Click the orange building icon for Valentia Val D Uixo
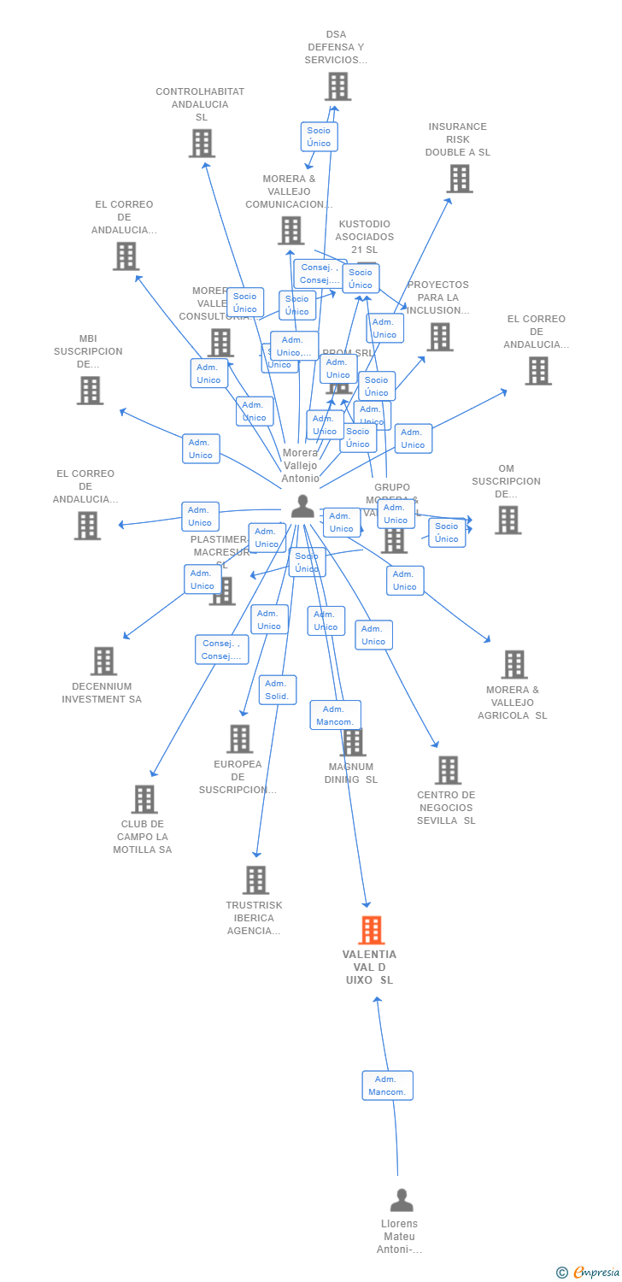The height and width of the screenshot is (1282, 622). pyautogui.click(x=372, y=930)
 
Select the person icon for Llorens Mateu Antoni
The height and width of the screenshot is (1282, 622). pyautogui.click(x=402, y=1200)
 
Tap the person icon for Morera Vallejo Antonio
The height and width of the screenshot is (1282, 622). pyautogui.click(x=302, y=506)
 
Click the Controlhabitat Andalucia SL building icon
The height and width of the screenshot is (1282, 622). pyautogui.click(x=202, y=144)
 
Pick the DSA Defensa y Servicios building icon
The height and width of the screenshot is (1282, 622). pyautogui.click(x=337, y=86)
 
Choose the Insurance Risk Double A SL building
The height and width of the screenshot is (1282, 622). pyautogui.click(x=460, y=179)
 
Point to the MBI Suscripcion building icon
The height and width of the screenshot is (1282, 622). pyautogui.click(x=90, y=391)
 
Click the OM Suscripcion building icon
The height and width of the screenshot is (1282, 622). pyautogui.click(x=508, y=520)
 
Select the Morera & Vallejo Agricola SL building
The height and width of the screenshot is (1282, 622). pyautogui.click(x=513, y=664)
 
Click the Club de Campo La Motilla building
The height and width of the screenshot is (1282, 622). pyautogui.click(x=144, y=799)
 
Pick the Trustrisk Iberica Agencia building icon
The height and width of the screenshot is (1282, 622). pyautogui.click(x=255, y=879)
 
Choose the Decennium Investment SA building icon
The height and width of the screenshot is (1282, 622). pyautogui.click(x=103, y=661)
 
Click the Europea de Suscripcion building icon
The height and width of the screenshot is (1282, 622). pyautogui.click(x=239, y=739)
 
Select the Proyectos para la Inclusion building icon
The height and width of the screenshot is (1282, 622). pyautogui.click(x=440, y=337)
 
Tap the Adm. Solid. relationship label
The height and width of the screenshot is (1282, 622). pyautogui.click(x=278, y=690)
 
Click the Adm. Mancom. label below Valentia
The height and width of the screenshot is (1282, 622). pyautogui.click(x=387, y=1085)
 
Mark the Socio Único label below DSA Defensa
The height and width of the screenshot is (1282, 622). pyautogui.click(x=319, y=137)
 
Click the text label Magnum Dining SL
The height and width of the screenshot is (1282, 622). pyautogui.click(x=350, y=773)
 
